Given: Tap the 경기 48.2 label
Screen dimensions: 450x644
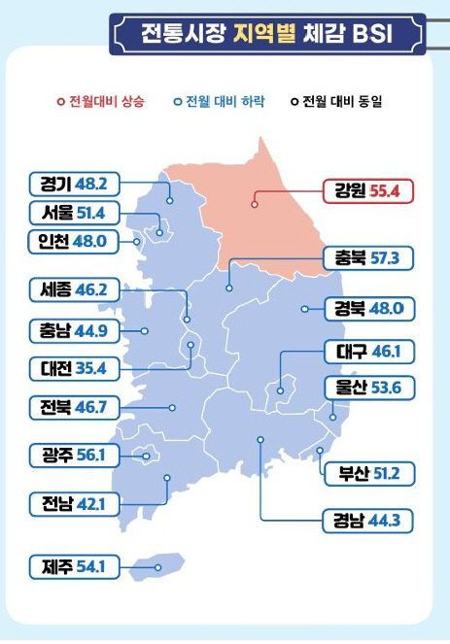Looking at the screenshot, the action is pyautogui.click(x=74, y=182).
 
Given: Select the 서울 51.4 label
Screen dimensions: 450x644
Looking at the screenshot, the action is pyautogui.click(x=74, y=212).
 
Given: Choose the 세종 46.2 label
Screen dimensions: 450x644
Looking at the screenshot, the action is pyautogui.click(x=74, y=289).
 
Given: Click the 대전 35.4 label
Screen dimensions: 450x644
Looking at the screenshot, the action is pyautogui.click(x=74, y=369).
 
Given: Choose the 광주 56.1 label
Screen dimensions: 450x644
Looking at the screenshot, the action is pyautogui.click(x=74, y=455).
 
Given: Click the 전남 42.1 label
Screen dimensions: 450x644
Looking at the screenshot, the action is pyautogui.click(x=74, y=503).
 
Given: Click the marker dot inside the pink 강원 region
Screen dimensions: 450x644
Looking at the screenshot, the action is pyautogui.click(x=255, y=204).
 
